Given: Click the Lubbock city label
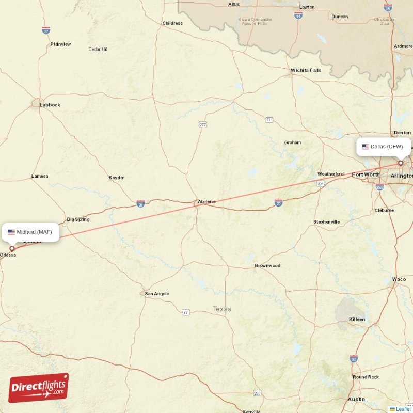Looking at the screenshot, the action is point(50,105).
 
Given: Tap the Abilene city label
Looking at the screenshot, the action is point(206,201).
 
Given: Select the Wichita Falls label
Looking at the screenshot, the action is point(306,70).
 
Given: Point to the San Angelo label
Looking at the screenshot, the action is point(157,294).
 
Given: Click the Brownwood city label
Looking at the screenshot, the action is point(267,265).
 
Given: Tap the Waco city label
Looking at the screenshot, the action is point(399,279).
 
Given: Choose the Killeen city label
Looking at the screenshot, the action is point(357,319).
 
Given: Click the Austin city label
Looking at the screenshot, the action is point(356,399).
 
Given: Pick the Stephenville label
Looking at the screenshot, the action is point(326,222).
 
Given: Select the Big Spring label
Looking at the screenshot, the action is point(78,219).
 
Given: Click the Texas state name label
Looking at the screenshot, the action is point(222,309).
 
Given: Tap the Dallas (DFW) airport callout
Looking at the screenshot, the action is point(383,147).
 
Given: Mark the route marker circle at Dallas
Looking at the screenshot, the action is point(400,163).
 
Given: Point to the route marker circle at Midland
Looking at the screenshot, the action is point(12,248).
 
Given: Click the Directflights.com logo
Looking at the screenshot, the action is point(39,388).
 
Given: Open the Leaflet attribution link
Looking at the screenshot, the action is point(403,409).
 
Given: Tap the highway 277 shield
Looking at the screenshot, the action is point(203,124).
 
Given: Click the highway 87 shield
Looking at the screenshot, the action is point(185,312).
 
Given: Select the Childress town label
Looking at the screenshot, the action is point(172,23).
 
